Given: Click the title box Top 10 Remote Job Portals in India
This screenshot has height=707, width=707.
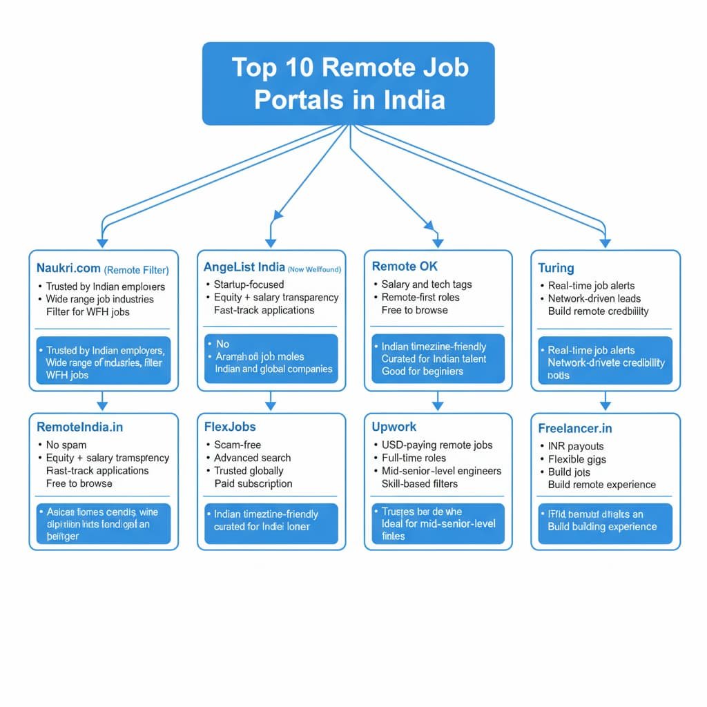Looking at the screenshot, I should (348, 84).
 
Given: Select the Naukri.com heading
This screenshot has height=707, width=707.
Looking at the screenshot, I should (68, 269).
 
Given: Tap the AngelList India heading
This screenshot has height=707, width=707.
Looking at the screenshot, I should (244, 267).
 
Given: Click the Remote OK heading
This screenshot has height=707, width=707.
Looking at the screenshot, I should (405, 266).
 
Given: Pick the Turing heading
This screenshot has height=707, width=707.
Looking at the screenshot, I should (556, 268).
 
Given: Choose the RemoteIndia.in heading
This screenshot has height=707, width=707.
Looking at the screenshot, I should (79, 427).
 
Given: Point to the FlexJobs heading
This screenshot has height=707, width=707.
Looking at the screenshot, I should (230, 427).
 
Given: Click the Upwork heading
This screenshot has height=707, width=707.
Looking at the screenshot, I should (394, 427).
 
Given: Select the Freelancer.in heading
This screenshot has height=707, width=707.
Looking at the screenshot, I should (575, 428).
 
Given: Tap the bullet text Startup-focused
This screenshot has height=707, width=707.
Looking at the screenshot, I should (249, 284).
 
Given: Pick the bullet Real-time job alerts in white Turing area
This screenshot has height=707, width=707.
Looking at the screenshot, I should (591, 285).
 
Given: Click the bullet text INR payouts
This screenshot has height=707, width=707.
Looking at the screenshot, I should (576, 446).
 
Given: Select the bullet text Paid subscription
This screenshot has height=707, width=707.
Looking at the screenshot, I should (253, 483).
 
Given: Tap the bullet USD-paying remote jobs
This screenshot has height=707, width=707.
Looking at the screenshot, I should (437, 445).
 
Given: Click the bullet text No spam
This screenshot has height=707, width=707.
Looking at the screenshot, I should (66, 445).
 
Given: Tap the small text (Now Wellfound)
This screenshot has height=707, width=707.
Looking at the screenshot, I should (314, 269).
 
